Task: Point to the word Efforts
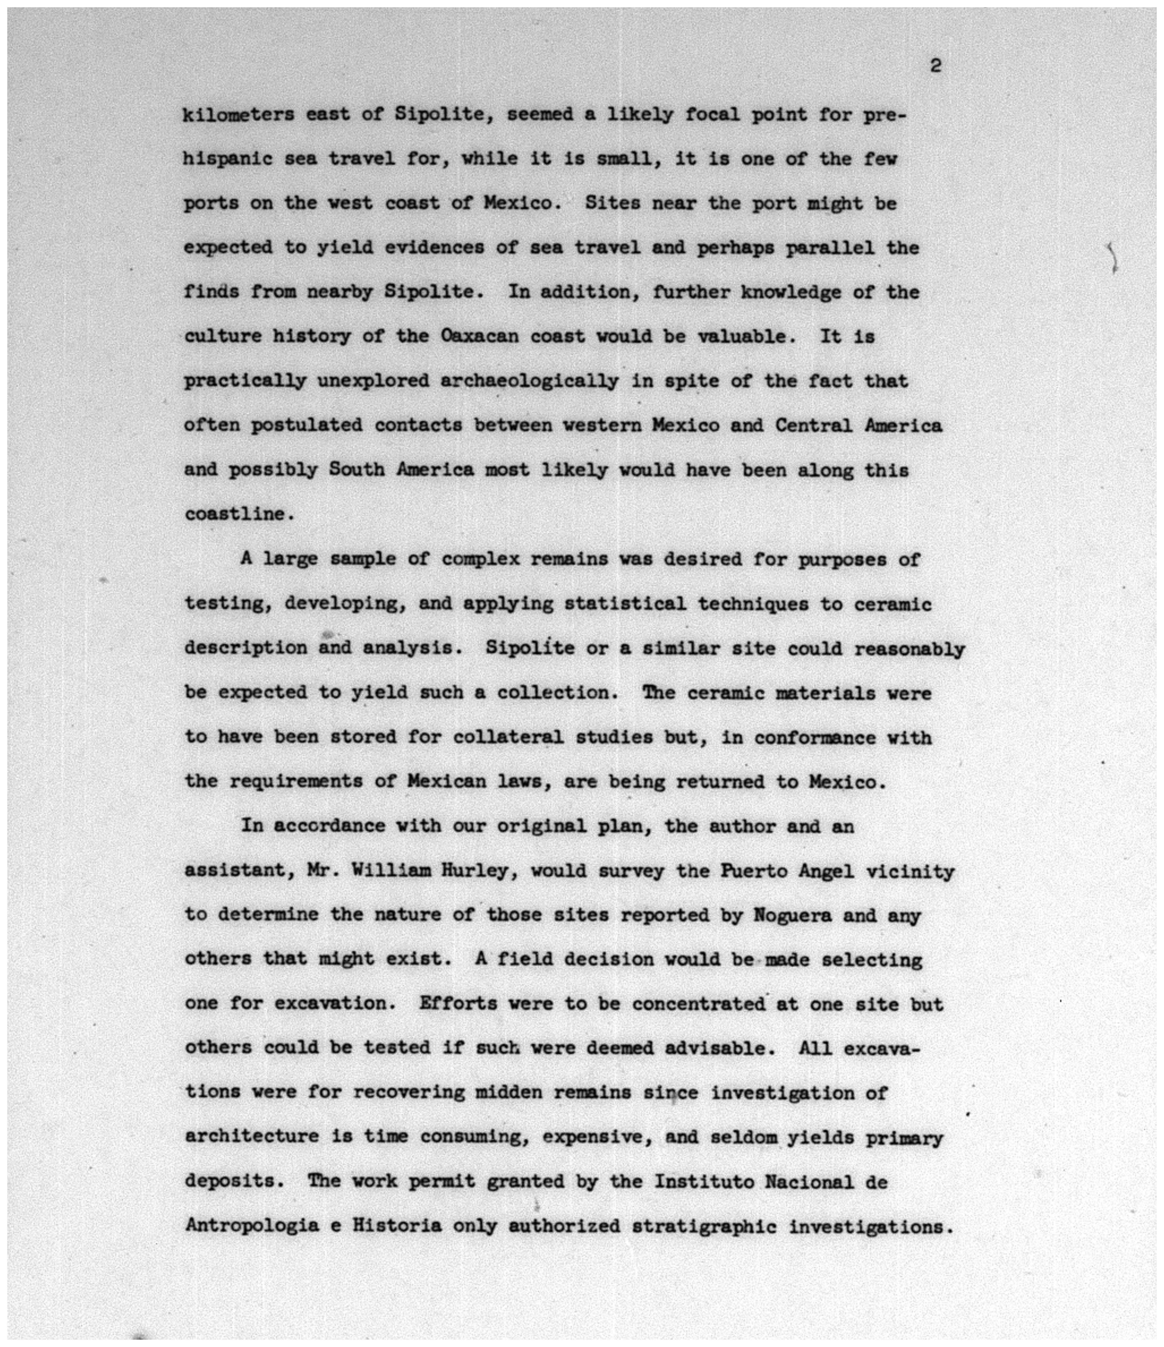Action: click(x=458, y=1003)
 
